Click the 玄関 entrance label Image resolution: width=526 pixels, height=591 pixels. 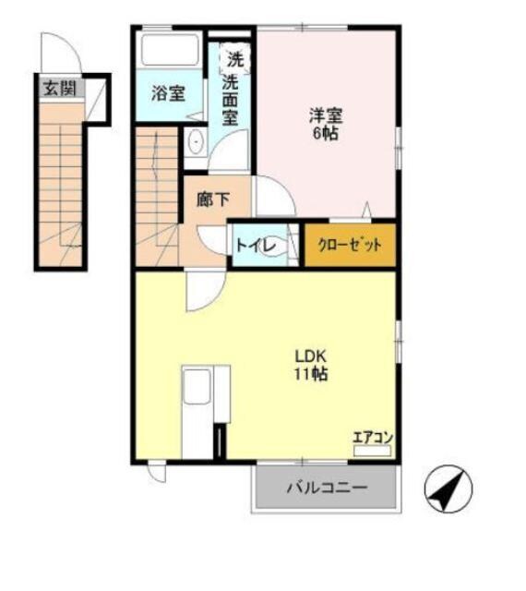[60, 90]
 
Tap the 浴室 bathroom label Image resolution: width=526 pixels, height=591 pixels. [168, 93]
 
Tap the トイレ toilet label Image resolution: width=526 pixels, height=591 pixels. [253, 246]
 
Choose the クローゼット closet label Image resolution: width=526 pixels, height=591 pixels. [350, 246]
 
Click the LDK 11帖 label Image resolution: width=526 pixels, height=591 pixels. [312, 365]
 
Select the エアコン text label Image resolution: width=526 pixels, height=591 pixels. [372, 437]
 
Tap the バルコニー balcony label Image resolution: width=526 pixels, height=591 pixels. [326, 487]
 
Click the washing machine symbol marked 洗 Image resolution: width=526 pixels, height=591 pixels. [234, 60]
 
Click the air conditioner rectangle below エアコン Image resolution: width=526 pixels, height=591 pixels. [372, 451]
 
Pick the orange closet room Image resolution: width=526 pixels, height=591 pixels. [351, 246]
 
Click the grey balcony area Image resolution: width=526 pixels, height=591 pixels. [326, 487]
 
